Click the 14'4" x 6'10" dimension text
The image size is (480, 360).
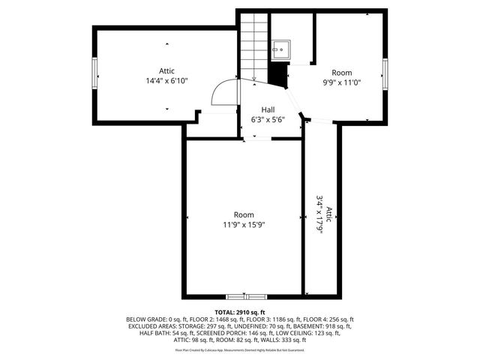(166, 80)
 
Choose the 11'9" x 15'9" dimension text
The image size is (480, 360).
(244, 224)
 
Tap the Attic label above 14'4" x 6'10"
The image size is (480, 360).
(166, 70)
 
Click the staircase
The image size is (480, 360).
(254, 45)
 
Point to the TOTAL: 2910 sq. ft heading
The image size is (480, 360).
(240, 312)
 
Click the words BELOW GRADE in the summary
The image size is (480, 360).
(146, 319)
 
